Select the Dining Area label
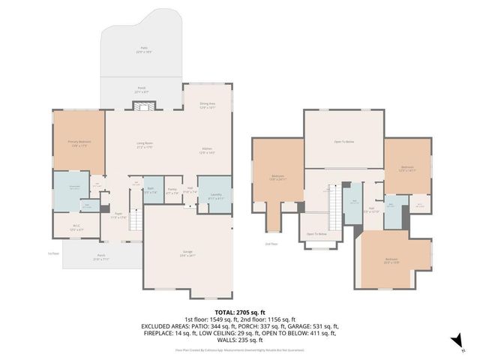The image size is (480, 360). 208,105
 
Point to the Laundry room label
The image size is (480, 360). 217,196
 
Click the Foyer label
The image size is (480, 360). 118,216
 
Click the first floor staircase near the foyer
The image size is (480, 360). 136,220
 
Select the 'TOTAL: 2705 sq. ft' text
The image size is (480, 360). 240,311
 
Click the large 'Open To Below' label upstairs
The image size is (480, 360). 343,141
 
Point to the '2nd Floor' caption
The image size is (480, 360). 271,244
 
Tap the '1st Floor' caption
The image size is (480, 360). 52,253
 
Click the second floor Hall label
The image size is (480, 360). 372,211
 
